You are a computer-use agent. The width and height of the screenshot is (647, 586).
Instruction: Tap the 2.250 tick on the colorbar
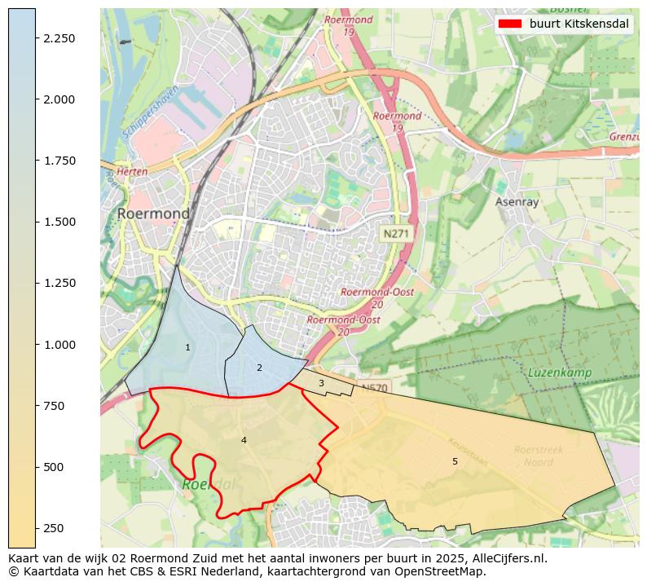[x=59, y=38]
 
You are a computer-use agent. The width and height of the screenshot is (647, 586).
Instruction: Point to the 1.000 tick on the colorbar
[x=59, y=344]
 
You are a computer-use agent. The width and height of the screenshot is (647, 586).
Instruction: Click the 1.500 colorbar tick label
[x=59, y=222]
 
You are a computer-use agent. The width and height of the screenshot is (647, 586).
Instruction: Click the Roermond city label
[x=153, y=214]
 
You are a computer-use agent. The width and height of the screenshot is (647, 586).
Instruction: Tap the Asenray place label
[x=517, y=201]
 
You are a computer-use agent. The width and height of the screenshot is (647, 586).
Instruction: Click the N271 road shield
[x=396, y=234]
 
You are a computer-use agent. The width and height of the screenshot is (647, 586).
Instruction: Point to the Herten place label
[x=132, y=173]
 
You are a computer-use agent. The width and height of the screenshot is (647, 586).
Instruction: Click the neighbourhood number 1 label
[x=187, y=347]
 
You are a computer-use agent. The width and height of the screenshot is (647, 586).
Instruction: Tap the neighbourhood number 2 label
[x=259, y=368]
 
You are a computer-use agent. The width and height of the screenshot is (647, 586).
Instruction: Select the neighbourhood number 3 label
[x=321, y=383]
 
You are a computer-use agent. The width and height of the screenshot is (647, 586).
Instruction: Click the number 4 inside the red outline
[x=244, y=440]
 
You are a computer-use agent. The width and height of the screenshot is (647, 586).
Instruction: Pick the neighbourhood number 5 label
[x=455, y=461]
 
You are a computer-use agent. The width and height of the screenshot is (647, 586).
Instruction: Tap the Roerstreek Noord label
[x=539, y=456]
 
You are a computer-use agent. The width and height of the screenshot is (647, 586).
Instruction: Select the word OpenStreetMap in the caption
[x=444, y=571]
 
